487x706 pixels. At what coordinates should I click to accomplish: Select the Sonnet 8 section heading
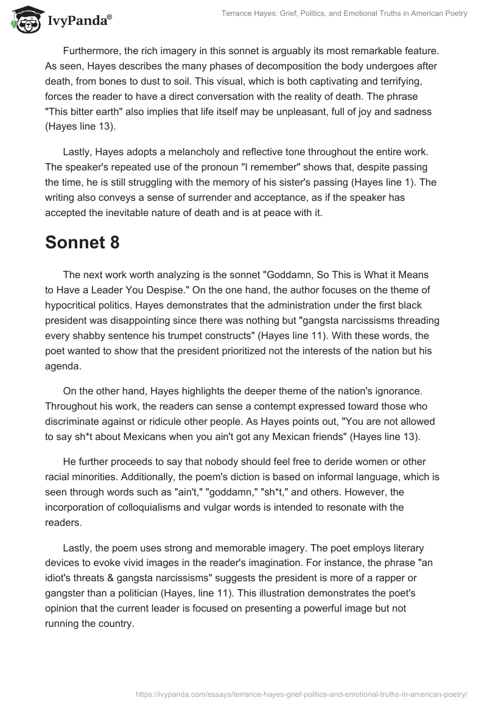82,242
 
